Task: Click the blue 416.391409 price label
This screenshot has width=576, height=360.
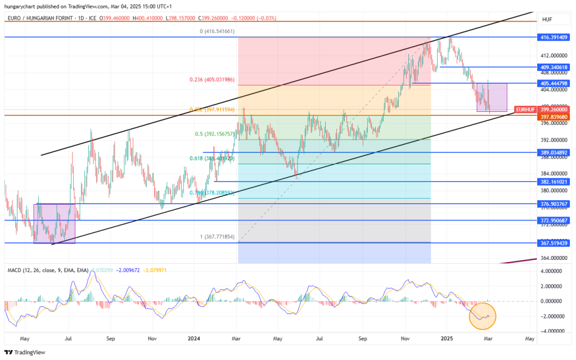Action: pos(553,37)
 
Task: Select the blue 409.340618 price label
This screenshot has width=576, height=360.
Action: pos(553,66)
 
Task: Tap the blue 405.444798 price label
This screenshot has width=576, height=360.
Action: pos(553,83)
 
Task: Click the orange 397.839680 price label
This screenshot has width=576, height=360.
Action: pos(553,116)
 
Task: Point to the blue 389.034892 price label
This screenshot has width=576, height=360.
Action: pos(553,152)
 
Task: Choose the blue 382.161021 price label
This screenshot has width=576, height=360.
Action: pos(553,182)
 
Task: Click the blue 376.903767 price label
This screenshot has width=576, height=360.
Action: pos(553,204)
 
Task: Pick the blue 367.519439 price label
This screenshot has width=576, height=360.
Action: pos(553,242)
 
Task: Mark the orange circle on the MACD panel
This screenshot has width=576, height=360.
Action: pos(482,316)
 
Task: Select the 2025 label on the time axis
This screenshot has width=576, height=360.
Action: pos(447,339)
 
